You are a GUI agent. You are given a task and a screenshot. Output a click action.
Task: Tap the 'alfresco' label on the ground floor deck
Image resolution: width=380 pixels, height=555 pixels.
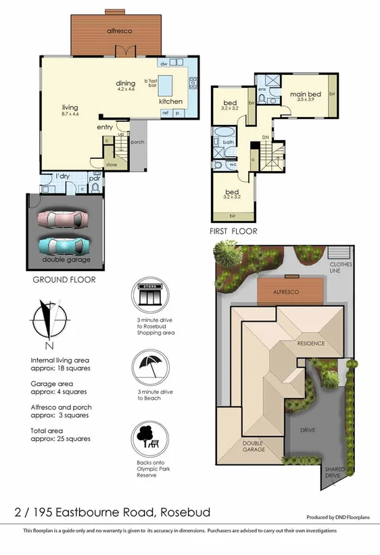click(x=119, y=31)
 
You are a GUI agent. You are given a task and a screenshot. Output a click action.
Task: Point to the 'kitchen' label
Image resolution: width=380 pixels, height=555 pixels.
click(x=170, y=101)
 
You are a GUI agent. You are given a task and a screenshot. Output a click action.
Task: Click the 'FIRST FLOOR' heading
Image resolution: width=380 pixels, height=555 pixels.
click(x=233, y=231)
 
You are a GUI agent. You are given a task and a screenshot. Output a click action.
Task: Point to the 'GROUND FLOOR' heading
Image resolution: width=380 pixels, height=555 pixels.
click(x=64, y=279)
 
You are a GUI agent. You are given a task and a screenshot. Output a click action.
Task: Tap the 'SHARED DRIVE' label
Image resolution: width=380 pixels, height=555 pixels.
click(x=334, y=473)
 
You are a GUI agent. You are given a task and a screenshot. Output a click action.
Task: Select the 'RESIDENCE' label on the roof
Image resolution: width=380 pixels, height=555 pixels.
click(x=311, y=343)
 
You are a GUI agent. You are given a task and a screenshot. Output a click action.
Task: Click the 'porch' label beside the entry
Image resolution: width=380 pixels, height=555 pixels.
click(x=137, y=142)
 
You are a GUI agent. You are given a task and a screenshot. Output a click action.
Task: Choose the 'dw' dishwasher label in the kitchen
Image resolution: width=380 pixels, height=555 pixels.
click(x=164, y=64)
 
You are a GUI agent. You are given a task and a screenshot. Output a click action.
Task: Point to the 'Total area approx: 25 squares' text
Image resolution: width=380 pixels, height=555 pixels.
click(x=60, y=435)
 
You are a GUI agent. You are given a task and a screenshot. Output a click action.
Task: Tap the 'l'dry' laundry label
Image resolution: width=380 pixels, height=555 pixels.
click(x=63, y=176)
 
